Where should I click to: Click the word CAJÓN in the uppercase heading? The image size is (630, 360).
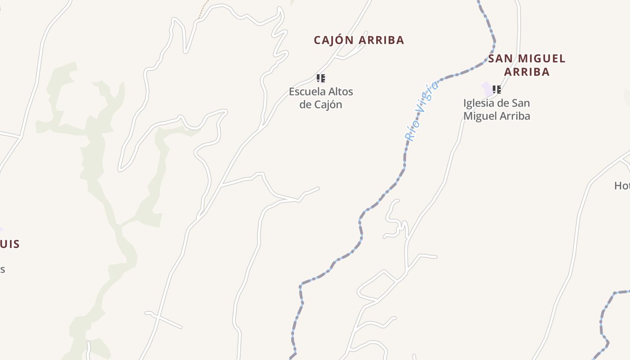[333, 40]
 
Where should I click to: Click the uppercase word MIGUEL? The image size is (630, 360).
[541, 58]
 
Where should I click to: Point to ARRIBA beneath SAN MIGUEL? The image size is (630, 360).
[527, 72]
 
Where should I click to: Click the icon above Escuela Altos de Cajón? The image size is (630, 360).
[320, 78]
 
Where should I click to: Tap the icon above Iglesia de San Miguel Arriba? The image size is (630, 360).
[497, 90]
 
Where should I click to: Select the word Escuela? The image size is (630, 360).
[305, 92]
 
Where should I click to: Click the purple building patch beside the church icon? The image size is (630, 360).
[487, 89]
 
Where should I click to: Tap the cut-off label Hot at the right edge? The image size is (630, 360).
[622, 185]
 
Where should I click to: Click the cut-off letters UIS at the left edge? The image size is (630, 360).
[10, 244]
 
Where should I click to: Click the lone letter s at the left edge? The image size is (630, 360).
[2, 270]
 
